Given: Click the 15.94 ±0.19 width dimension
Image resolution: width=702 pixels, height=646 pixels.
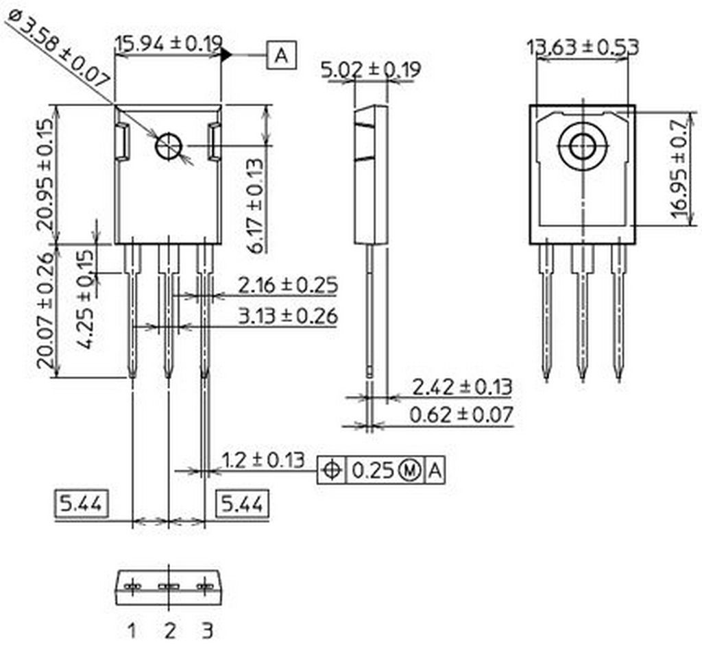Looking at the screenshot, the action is coord(169,44).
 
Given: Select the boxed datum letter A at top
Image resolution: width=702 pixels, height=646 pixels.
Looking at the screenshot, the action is coord(281,55).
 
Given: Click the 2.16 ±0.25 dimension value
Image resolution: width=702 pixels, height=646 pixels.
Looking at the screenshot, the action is coord(287,286).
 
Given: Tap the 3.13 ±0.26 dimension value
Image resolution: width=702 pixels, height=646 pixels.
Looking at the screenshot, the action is coord(287,316).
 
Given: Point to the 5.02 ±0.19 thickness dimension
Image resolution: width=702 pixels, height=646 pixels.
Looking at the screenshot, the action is coord(371,69).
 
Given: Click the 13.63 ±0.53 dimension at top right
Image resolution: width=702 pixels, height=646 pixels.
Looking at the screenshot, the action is coord(583,47).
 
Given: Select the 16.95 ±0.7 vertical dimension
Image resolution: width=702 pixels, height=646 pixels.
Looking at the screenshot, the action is coord(681,169).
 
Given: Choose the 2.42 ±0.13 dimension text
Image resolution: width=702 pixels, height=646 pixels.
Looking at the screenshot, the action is coord(461,386).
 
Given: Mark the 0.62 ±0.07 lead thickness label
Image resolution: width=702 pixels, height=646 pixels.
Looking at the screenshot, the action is coord(461,414).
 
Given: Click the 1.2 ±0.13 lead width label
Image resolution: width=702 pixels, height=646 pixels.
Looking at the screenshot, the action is coord(263,460).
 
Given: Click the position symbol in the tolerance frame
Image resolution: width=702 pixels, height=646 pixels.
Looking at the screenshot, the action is coord(332,470).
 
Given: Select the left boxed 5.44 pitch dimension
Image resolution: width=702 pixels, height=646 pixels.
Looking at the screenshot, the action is coord(81,504).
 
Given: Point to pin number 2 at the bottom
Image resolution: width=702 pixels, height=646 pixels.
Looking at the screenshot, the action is coord(170,631).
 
